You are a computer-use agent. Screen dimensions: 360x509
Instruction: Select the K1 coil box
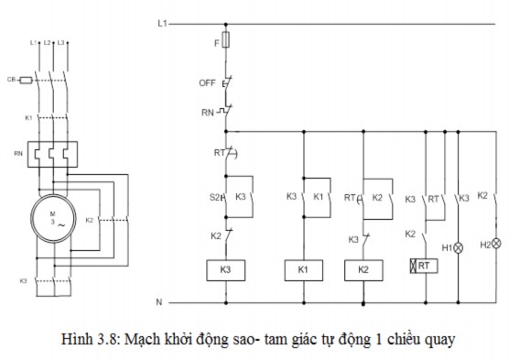(x=303, y=269)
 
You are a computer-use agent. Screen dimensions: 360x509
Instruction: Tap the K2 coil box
(x=363, y=269)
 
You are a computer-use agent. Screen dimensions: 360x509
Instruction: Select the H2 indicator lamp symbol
(x=496, y=244)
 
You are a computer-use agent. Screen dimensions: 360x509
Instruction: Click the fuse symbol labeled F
(x=228, y=42)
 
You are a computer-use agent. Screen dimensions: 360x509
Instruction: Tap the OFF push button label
(x=206, y=82)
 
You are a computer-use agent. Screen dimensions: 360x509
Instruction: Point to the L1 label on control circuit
(x=162, y=21)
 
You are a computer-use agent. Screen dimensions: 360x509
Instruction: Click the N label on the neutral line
(x=159, y=301)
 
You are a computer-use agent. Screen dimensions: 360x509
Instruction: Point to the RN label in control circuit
(x=207, y=113)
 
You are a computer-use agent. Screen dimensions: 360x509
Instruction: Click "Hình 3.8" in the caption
(x=90, y=340)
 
